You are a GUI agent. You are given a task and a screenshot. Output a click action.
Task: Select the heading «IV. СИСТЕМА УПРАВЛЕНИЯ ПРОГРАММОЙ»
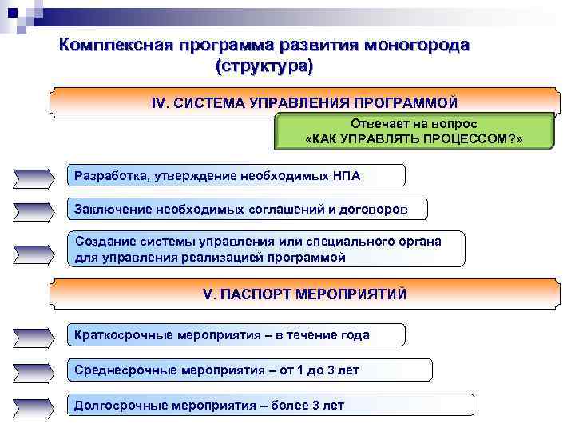[305, 103]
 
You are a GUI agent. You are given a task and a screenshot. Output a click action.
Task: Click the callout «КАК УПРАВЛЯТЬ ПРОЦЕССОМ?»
[414, 138]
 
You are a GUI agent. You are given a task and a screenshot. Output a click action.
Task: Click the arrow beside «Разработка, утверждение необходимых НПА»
[34, 176]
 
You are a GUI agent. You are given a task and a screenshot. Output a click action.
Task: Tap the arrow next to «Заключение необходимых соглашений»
[34, 210]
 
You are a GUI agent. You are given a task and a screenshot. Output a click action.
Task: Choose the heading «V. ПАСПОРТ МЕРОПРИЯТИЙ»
[305, 294]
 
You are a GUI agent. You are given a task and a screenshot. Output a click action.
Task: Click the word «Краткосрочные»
[118, 335]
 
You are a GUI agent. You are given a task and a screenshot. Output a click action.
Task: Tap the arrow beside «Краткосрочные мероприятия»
[34, 337]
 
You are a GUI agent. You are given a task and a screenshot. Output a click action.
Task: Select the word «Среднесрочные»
[118, 370]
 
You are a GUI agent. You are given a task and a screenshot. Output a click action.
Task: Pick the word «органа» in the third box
[422, 241]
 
